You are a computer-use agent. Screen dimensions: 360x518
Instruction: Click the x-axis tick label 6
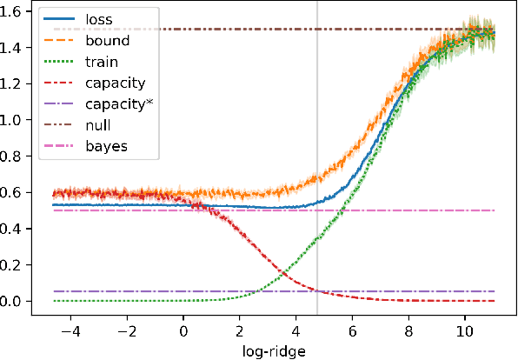point(353,332)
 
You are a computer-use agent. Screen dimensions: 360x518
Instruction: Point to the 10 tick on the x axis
point(465,332)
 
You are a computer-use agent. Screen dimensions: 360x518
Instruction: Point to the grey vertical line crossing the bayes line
point(317,210)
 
